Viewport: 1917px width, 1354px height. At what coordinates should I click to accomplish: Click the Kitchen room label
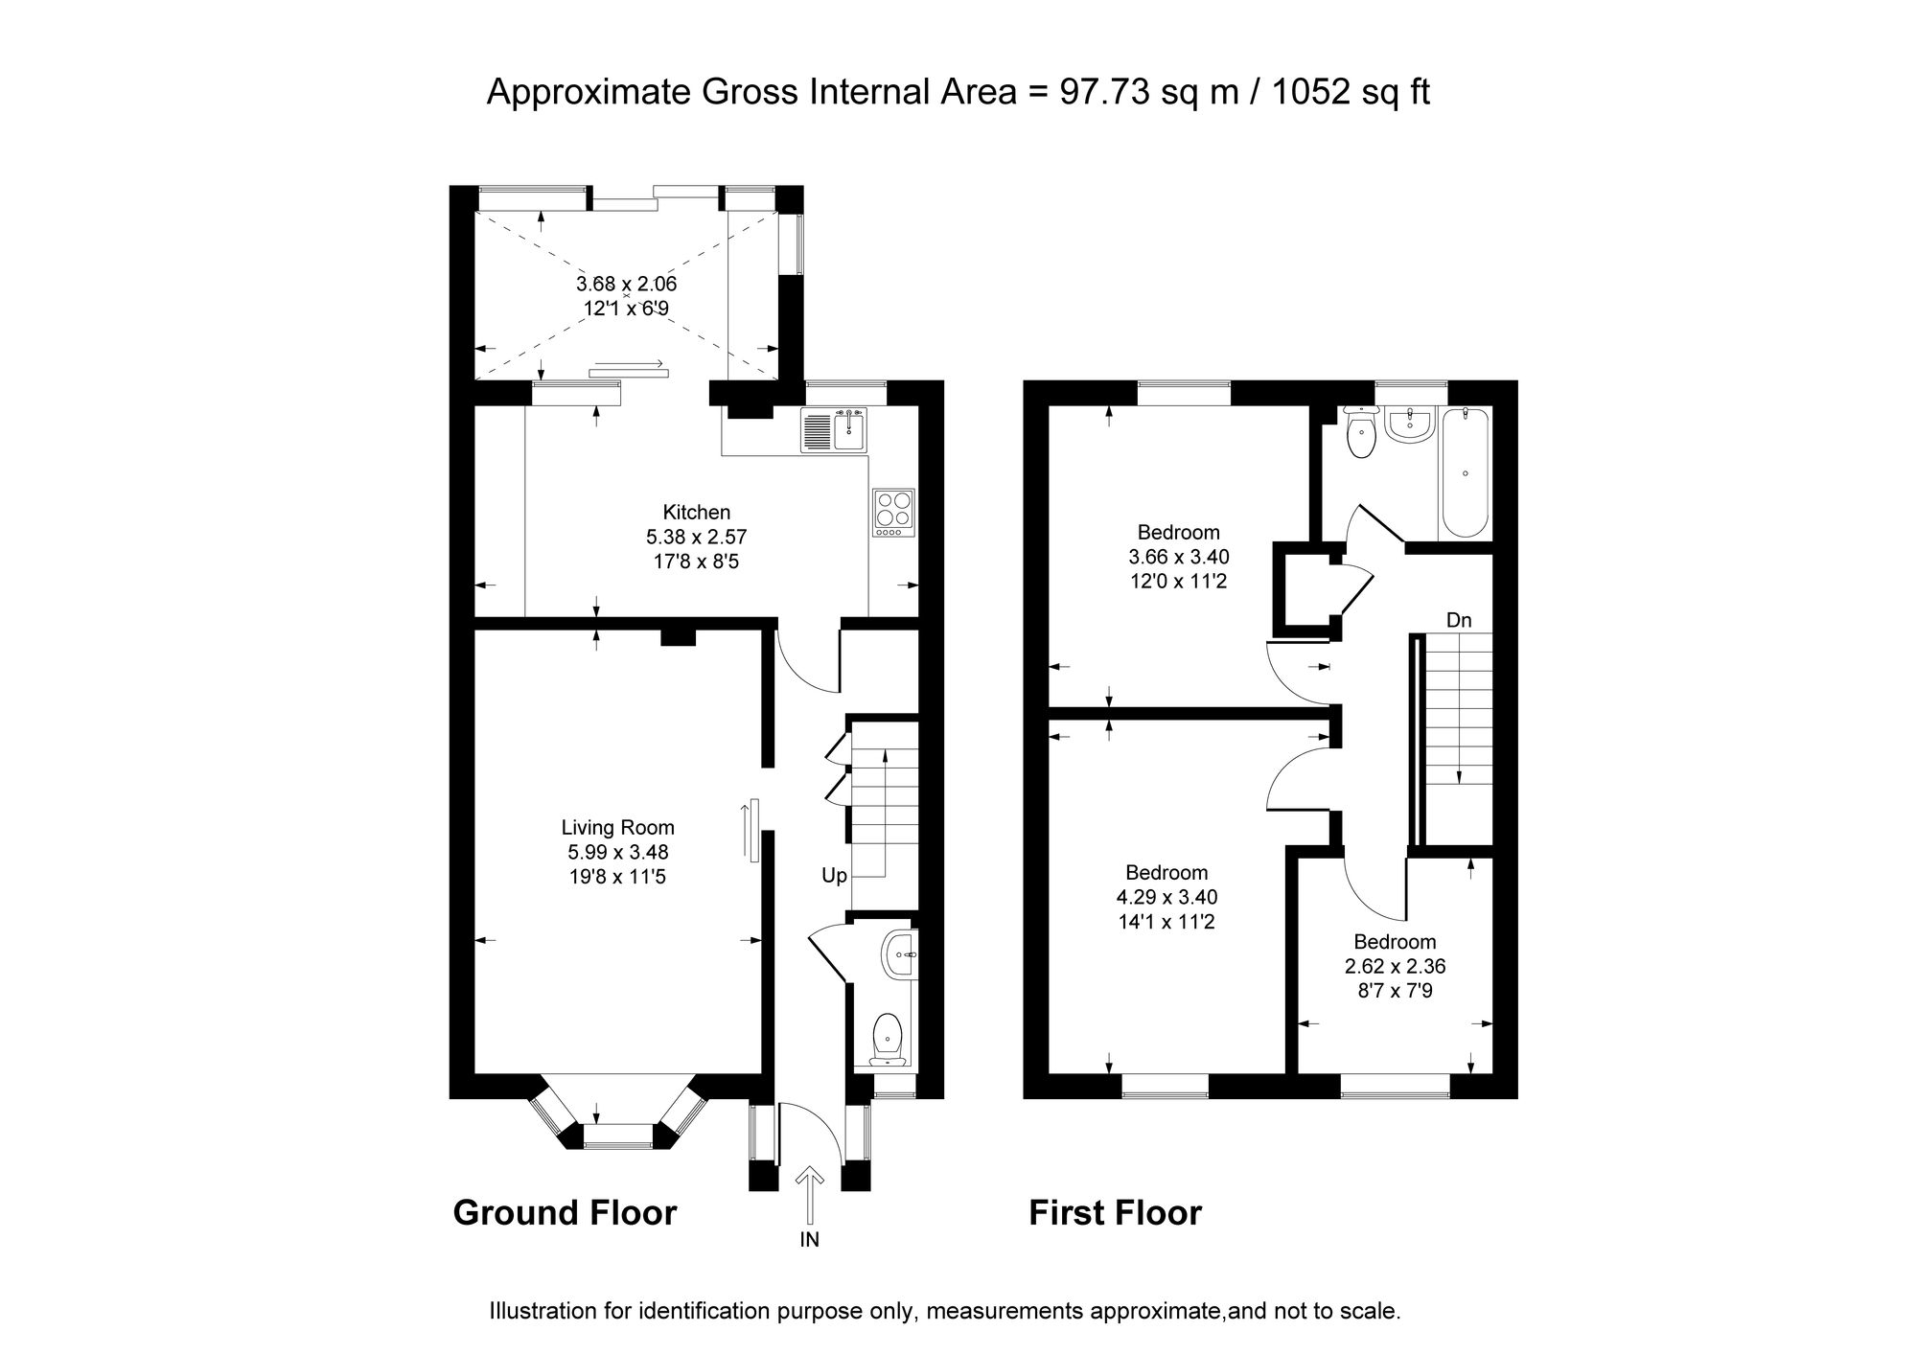[x=697, y=512]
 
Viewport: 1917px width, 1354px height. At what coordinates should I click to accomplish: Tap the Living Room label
[x=618, y=827]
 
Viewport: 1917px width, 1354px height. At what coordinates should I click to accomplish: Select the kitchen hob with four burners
[x=894, y=513]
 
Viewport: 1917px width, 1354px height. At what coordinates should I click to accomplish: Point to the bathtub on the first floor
[x=1465, y=473]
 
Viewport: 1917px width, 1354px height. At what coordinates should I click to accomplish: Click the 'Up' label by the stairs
[x=834, y=876]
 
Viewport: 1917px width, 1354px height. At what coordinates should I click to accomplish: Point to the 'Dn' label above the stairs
[x=1459, y=621]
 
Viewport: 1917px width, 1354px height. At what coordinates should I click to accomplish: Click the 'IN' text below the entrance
[x=810, y=1240]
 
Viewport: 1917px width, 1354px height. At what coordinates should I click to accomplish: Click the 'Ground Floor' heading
[x=565, y=1213]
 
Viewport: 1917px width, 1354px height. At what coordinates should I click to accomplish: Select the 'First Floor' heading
[x=1115, y=1213]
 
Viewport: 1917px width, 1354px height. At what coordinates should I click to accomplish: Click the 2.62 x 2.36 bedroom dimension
[x=1395, y=967]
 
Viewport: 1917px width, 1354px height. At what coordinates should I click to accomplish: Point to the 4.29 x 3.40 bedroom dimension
[x=1166, y=898]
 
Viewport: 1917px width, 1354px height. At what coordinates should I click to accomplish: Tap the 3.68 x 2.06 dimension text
[x=627, y=284]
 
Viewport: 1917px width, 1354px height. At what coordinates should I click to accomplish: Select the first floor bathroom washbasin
[x=1408, y=425]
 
